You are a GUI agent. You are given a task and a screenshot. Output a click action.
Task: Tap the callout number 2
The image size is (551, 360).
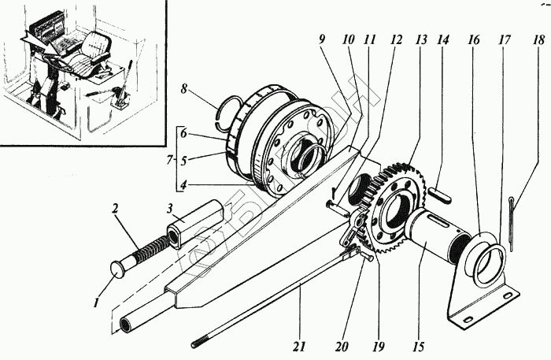pos(116,210)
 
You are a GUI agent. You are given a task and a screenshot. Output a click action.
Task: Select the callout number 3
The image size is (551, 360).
pos(169,206)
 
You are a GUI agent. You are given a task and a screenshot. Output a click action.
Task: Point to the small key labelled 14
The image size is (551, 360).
pos(438,195)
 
